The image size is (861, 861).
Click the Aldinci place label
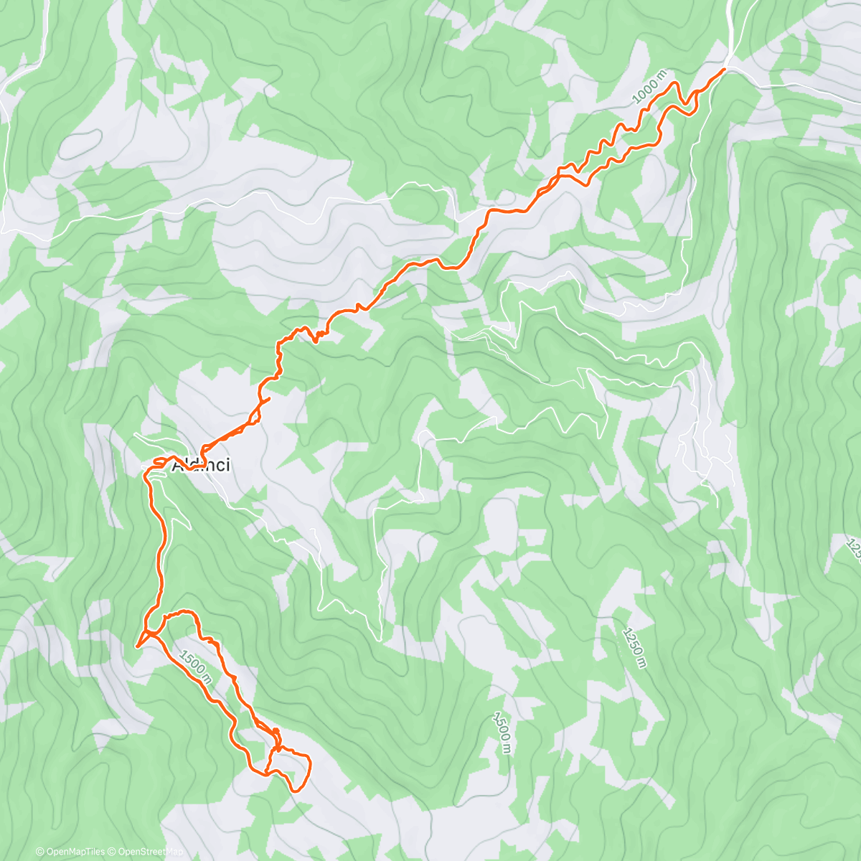202,465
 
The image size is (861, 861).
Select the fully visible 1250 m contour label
634,647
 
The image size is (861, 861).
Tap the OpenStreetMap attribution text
144,852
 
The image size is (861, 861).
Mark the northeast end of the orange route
724,69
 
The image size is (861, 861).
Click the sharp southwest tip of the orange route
136,646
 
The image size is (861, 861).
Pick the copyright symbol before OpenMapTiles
40,852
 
